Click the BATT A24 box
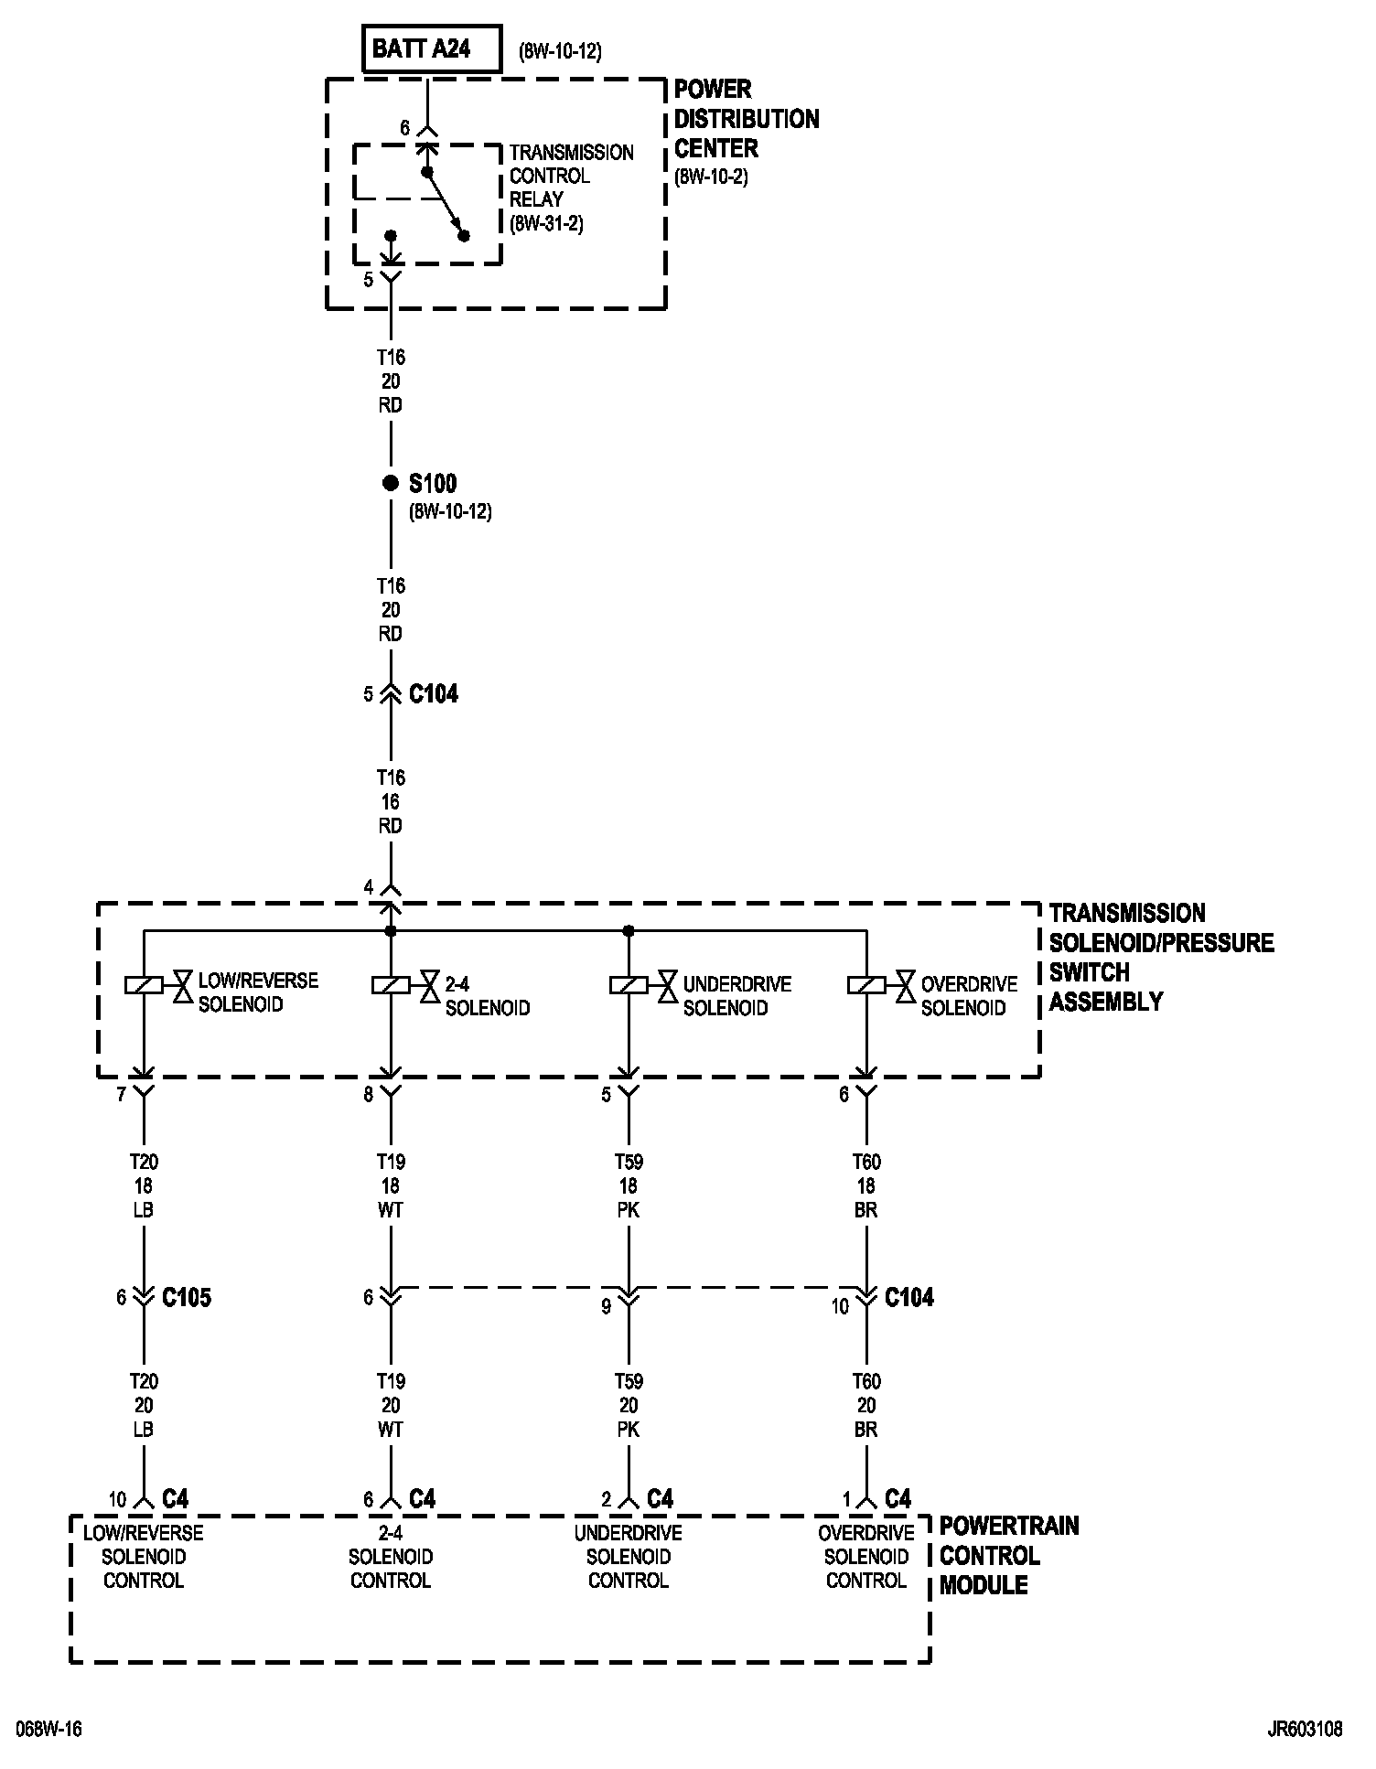[433, 49]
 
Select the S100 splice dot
[391, 483]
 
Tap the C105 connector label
[187, 1297]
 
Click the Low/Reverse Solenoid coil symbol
[144, 985]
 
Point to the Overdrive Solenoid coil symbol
[866, 985]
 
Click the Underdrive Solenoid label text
[736, 996]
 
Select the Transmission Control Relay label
[571, 176]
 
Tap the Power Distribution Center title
[746, 119]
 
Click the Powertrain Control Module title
[1008, 1555]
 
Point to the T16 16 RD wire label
[391, 801]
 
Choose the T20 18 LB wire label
[144, 1185]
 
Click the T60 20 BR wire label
[866, 1405]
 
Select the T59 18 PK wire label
[629, 1185]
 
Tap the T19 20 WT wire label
[391, 1405]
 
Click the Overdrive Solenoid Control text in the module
[866, 1556]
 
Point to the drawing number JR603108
[1305, 1729]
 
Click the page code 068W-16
[48, 1729]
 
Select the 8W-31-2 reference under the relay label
[546, 223]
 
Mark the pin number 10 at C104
[840, 1307]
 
